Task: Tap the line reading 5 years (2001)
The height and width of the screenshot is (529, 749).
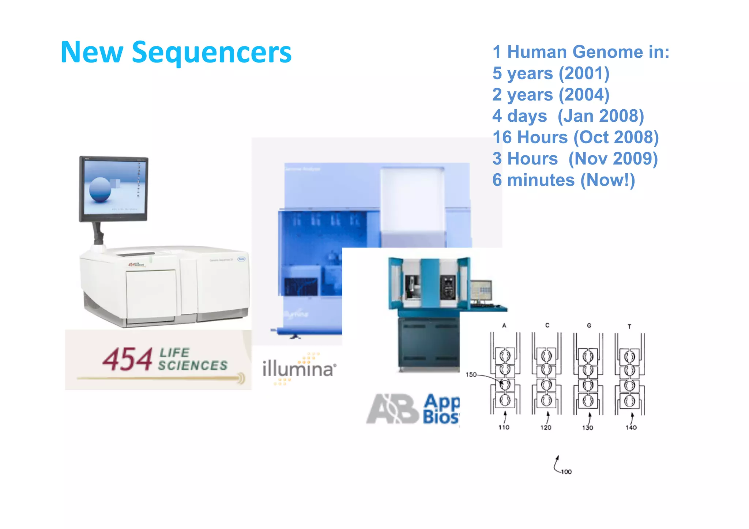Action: [551, 73]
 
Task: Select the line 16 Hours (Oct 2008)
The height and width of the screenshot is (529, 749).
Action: [575, 137]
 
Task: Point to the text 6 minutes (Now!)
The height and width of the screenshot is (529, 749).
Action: [563, 180]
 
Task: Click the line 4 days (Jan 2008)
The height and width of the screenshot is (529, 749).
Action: [568, 116]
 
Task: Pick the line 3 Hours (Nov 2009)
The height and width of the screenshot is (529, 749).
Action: [575, 159]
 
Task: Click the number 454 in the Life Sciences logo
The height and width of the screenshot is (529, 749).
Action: [127, 360]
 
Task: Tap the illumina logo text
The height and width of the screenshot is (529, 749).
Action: [298, 369]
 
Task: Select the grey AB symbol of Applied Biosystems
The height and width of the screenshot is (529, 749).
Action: [392, 409]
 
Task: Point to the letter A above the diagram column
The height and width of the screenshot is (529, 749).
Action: [504, 325]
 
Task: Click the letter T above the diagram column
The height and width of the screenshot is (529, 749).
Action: [629, 326]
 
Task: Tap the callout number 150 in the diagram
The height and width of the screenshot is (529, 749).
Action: [471, 375]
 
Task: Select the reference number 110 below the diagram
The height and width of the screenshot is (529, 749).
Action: [504, 427]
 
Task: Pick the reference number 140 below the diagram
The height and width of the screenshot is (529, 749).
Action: [631, 427]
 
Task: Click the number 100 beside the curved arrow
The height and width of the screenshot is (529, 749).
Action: [566, 472]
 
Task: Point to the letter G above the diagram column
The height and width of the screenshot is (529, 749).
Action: [589, 325]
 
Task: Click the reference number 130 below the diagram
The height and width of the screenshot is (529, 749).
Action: [587, 427]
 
